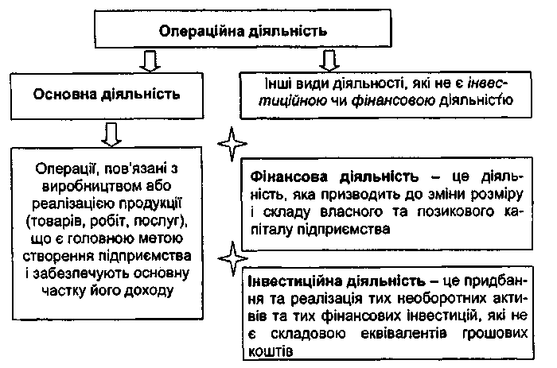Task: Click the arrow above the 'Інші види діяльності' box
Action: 327,60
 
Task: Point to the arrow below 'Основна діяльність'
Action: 112,133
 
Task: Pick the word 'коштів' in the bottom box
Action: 271,351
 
